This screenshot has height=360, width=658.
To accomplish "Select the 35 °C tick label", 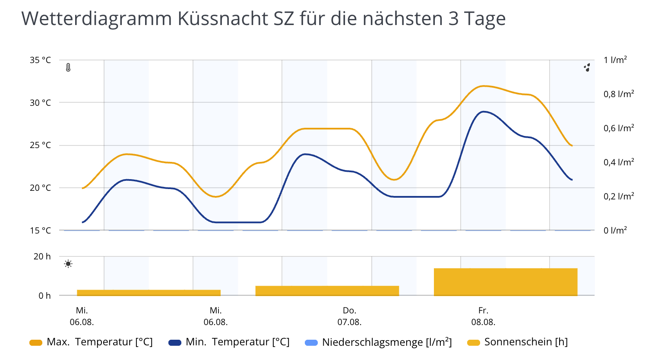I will (40, 60).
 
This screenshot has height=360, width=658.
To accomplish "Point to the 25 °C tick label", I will (40, 145).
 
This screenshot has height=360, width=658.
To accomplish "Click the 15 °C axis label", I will (40, 231).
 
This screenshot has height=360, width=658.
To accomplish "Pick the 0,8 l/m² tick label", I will (619, 94).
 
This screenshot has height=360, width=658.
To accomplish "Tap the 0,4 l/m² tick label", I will (619, 162).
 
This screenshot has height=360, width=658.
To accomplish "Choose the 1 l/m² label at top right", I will (615, 60).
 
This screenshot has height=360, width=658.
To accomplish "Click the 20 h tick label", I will (42, 256).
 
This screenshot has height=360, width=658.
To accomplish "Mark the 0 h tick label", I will (44, 296).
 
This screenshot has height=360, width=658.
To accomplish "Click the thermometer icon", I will (68, 67).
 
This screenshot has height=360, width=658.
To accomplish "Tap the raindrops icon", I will (587, 67).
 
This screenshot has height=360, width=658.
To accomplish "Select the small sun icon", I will (68, 264).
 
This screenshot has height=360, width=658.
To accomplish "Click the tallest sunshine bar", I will (505, 282).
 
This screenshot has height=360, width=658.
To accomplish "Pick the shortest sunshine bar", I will (149, 293).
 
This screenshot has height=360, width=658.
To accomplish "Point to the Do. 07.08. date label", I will (349, 316).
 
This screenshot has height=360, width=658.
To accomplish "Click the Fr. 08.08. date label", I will (483, 316).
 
